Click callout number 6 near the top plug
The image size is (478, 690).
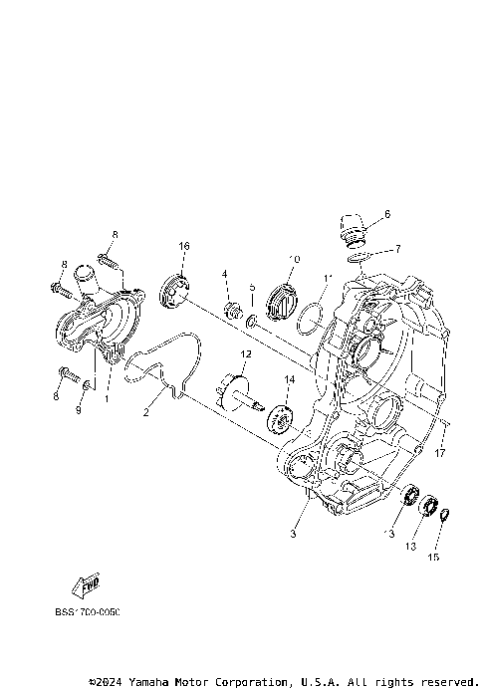coord(387,214)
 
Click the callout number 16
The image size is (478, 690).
coord(184,246)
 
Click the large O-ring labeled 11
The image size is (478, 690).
coord(310,316)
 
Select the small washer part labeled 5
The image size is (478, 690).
coord(254,320)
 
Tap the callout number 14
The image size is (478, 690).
coord(291,379)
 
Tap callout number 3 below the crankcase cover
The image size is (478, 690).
coord(294,534)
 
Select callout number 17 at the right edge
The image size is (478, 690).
coord(439,453)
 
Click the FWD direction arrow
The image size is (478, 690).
coord(87,586)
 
